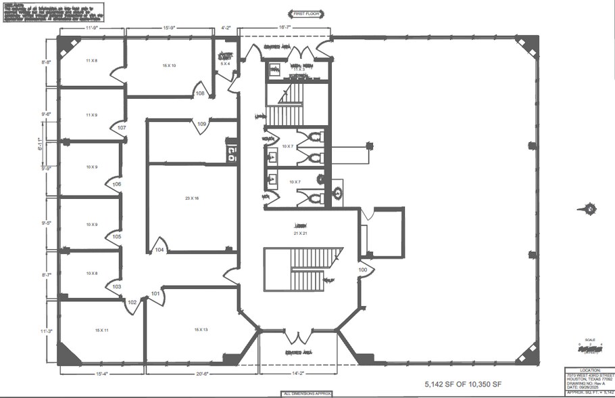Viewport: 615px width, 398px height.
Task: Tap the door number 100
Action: click(x=363, y=269)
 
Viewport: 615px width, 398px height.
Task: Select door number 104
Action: click(x=159, y=250)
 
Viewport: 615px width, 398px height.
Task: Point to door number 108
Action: click(x=201, y=93)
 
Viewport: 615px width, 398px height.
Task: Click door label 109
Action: click(x=202, y=124)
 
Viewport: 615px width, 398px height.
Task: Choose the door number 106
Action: click(x=117, y=184)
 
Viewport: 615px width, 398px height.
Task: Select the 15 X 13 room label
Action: click(x=201, y=330)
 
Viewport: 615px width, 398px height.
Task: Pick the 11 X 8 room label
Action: click(x=92, y=61)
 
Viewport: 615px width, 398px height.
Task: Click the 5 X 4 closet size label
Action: click(x=226, y=64)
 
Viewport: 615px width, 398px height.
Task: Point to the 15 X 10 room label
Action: click(x=169, y=66)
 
